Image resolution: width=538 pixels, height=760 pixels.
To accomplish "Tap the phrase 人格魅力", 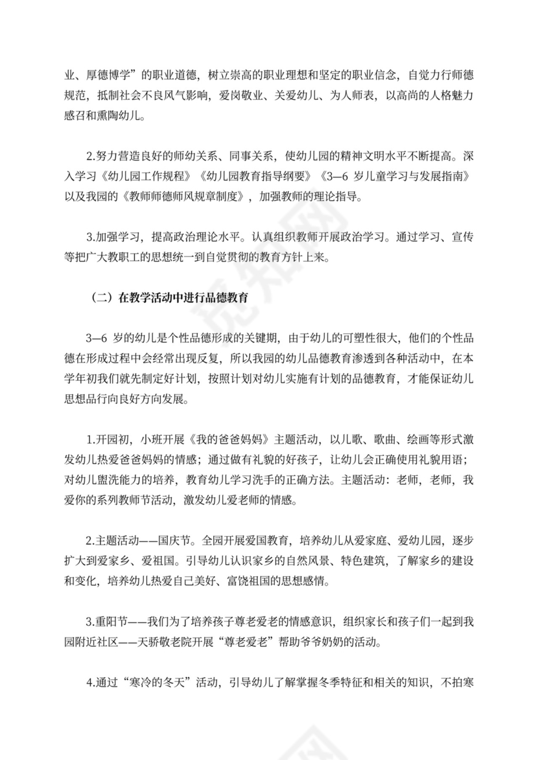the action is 454,96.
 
